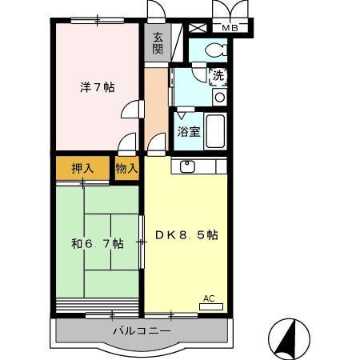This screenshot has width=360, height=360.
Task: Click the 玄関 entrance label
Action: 158,42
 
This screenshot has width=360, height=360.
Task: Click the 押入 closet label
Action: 82,169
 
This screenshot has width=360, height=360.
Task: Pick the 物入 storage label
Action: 126,169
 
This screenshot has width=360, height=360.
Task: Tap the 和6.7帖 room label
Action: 97,243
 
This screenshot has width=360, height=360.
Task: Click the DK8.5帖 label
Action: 186,235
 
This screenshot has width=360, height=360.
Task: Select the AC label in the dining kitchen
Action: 209,298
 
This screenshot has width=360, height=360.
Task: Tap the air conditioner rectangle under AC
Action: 210,307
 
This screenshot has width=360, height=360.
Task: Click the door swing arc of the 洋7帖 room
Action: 130,112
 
